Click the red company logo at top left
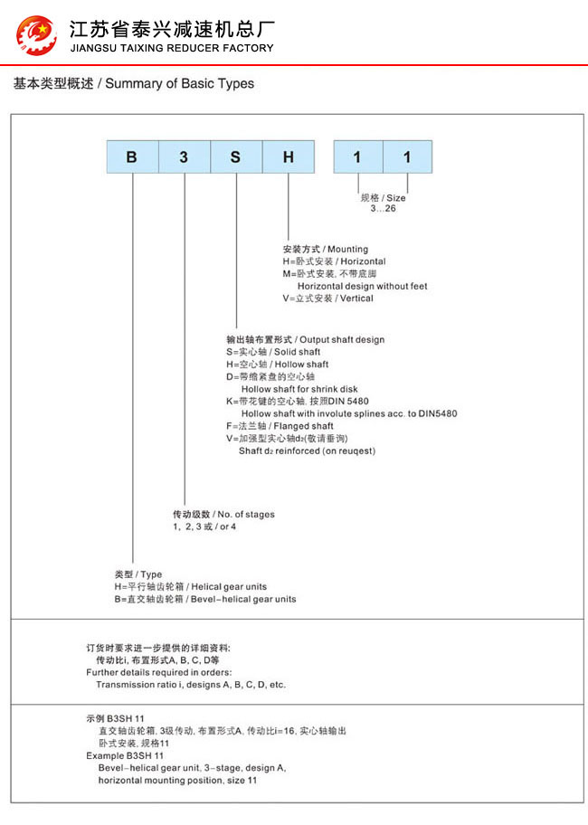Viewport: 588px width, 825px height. click(36, 33)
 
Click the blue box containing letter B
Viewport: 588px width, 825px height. click(132, 157)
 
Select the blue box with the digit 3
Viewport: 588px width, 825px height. click(184, 157)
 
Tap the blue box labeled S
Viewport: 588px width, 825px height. click(236, 157)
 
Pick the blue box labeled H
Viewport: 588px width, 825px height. click(289, 157)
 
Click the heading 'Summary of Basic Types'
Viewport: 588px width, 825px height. click(134, 84)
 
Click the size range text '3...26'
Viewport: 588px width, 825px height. click(383, 208)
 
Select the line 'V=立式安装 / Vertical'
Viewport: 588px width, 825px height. click(327, 299)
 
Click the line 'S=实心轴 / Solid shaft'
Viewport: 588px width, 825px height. click(272, 352)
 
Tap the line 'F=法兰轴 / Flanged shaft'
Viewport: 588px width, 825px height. click(279, 426)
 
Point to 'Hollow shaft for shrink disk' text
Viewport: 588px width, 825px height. click(299, 389)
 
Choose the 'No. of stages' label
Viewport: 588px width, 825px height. click(223, 514)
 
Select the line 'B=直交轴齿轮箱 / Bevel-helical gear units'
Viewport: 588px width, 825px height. click(204, 599)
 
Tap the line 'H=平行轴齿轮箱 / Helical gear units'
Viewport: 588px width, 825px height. click(190, 586)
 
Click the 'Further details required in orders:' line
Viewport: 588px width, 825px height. click(158, 672)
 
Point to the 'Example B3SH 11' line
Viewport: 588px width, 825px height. click(125, 754)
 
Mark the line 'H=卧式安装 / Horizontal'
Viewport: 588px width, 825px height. click(334, 261)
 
